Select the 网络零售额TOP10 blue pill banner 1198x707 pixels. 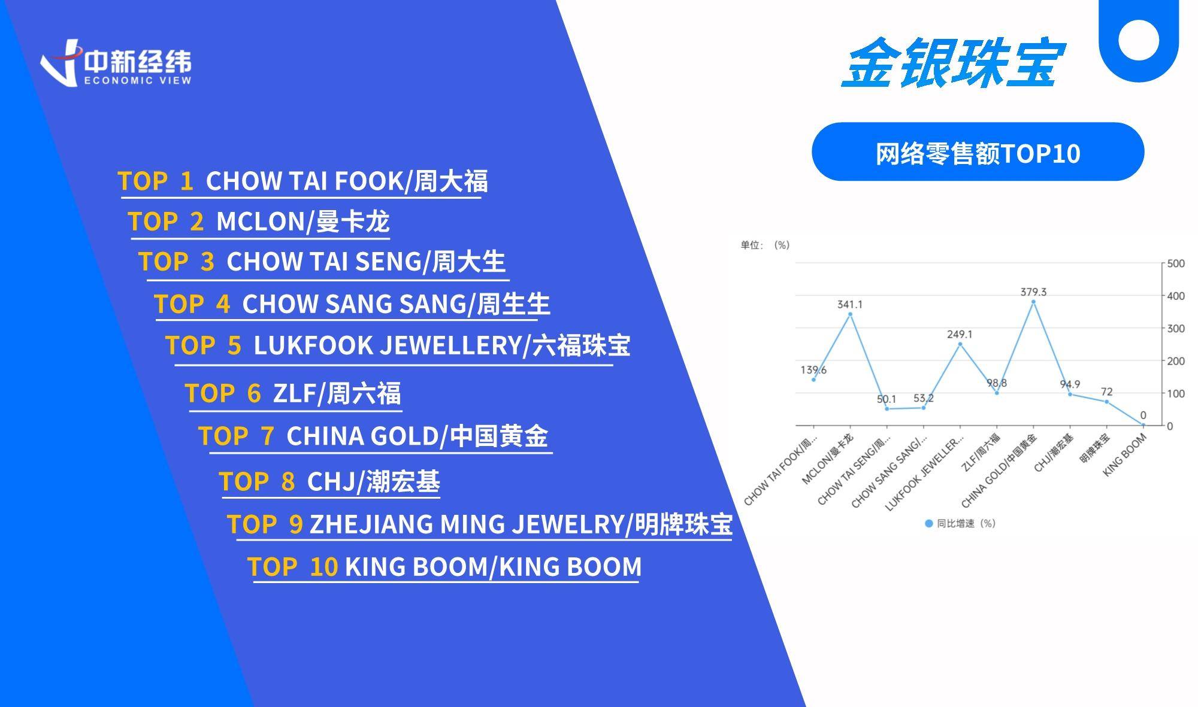978,151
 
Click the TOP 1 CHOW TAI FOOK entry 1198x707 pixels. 302,181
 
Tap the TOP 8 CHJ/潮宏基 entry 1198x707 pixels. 329,481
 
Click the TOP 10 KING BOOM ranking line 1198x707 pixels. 444,566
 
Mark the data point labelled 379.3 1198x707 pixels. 1033,302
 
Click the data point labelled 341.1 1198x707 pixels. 850,314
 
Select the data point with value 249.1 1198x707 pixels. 960,344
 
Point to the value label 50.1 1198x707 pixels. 887,399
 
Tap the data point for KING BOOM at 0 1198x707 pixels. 1143,425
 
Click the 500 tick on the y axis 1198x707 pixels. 1176,263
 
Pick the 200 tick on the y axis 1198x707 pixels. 1176,361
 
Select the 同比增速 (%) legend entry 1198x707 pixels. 960,523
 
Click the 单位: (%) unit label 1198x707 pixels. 765,245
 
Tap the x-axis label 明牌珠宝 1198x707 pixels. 1095,448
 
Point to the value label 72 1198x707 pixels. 1106,392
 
